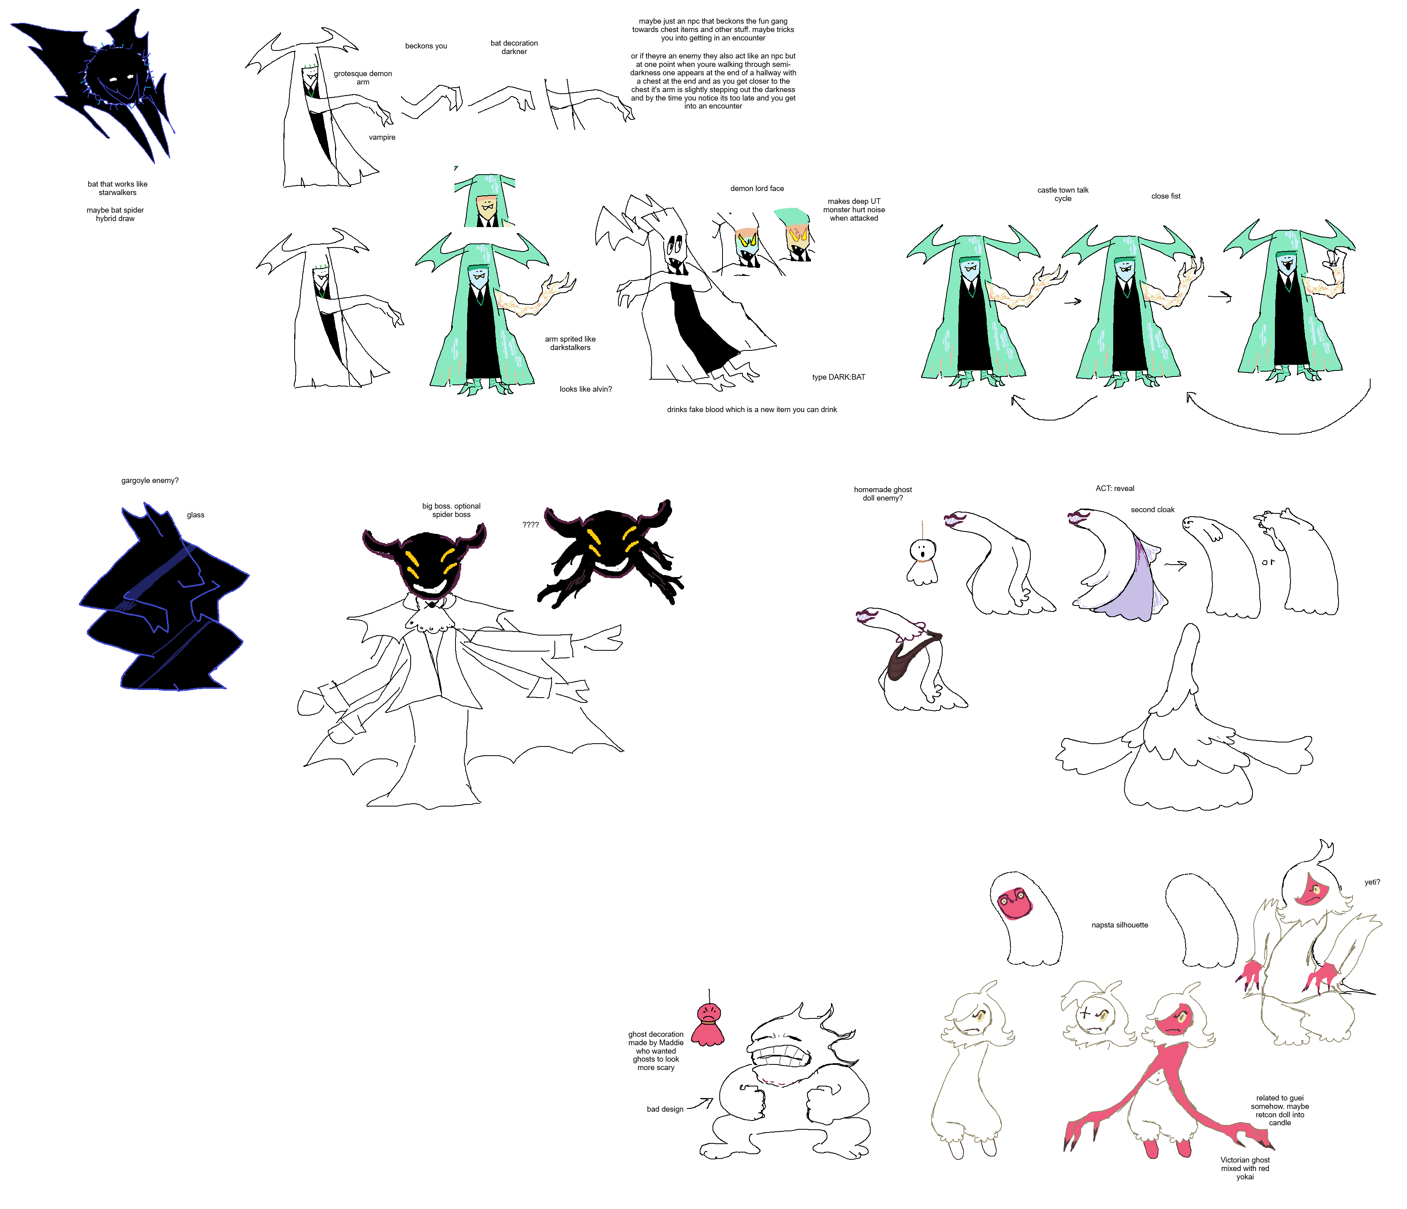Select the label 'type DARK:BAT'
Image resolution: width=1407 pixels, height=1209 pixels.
point(839,377)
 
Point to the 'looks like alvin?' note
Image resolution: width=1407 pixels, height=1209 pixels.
point(585,389)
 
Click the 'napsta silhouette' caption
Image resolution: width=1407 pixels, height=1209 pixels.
point(1120,925)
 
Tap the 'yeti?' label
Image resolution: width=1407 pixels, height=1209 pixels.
point(1372,882)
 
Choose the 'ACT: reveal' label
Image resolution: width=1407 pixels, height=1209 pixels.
point(1115,488)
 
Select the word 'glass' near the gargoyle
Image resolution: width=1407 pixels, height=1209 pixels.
point(196,515)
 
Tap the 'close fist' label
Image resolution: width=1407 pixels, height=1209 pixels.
point(1166,196)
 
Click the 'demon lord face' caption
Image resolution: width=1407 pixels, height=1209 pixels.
point(757,189)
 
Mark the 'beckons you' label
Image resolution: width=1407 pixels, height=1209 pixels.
point(426,46)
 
